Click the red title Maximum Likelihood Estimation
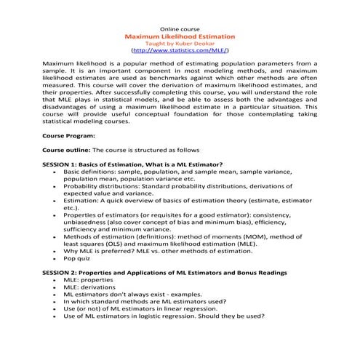pyautogui.click(x=180, y=35)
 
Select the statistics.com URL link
pyautogui.click(x=180, y=52)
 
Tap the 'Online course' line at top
pyautogui.click(x=180, y=26)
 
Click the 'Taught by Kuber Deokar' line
pyautogui.click(x=180, y=43)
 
